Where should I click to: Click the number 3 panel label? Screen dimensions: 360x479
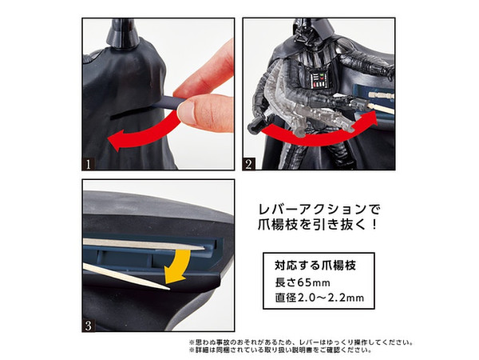(91, 325)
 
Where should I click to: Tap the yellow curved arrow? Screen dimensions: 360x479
(179, 265)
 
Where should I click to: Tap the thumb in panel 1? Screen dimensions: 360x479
(196, 112)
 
